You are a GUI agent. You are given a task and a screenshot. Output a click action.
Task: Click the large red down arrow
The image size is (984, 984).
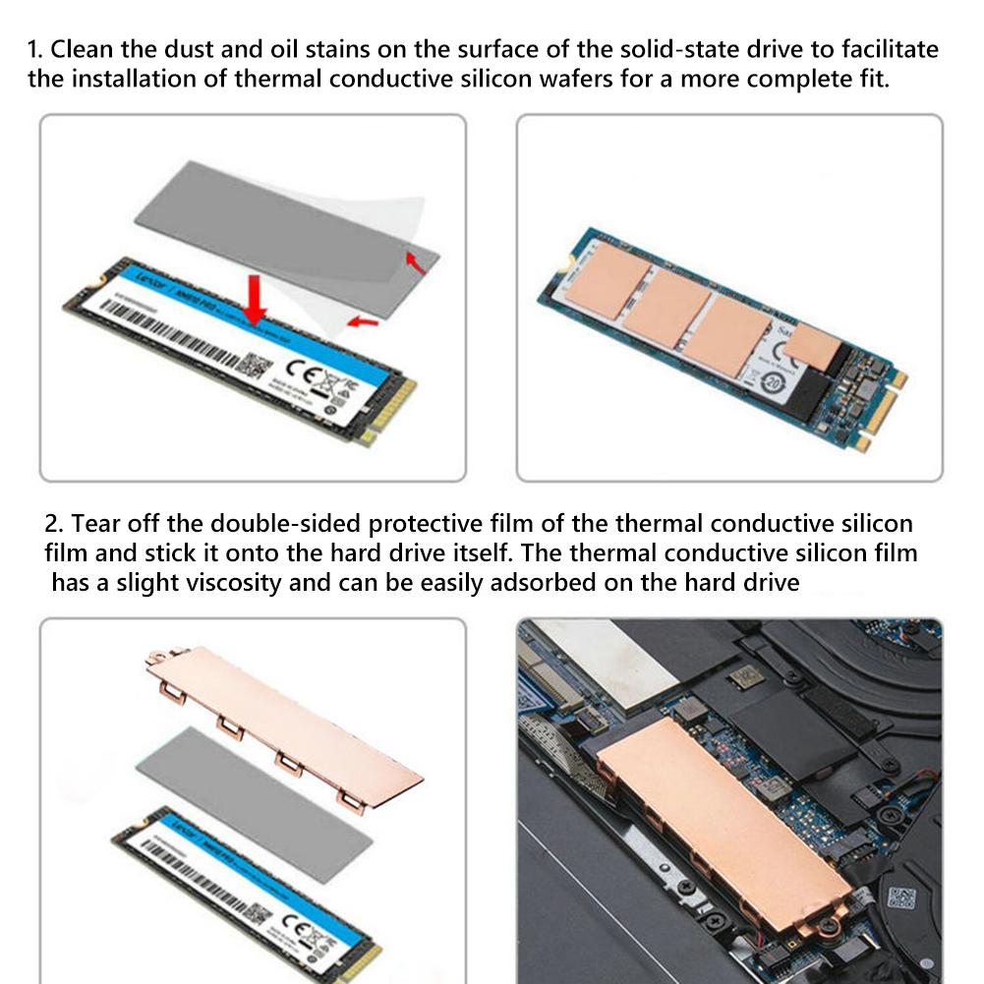tap(256, 300)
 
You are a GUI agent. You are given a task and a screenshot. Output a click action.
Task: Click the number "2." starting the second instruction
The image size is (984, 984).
tap(55, 522)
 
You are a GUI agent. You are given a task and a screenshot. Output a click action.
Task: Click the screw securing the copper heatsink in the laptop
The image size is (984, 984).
tap(826, 932)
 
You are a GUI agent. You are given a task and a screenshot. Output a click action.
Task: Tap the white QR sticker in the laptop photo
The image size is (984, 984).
tap(900, 897)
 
